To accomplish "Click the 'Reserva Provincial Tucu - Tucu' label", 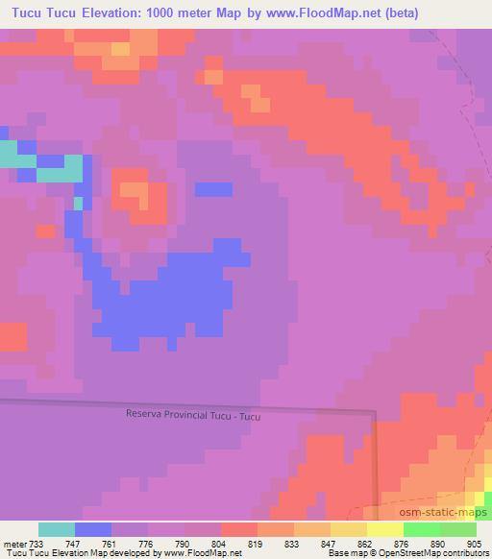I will point(193,415).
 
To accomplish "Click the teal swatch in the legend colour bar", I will point(57,529).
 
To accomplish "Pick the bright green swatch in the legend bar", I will point(422,529).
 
